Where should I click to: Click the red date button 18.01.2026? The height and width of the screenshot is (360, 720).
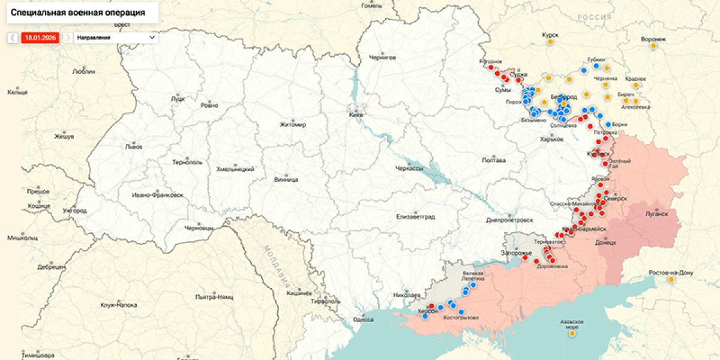40,37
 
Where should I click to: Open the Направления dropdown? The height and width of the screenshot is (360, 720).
116,37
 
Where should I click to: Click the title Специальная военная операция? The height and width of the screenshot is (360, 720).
77,11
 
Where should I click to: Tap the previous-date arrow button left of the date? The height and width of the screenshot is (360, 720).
13,37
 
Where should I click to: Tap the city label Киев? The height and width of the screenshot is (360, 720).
356,114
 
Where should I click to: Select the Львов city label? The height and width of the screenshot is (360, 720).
133,146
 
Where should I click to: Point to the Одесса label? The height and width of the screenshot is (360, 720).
363,319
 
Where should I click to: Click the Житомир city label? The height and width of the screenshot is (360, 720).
293,125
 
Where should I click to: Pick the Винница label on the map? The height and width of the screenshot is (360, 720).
286,179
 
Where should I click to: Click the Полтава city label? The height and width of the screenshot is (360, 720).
494,160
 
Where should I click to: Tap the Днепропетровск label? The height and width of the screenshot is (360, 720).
510,220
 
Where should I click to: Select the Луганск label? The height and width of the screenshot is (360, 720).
656,213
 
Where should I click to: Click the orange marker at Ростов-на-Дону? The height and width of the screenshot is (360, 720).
670,279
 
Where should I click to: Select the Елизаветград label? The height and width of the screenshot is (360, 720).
415,216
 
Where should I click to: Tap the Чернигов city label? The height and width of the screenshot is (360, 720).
382,58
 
